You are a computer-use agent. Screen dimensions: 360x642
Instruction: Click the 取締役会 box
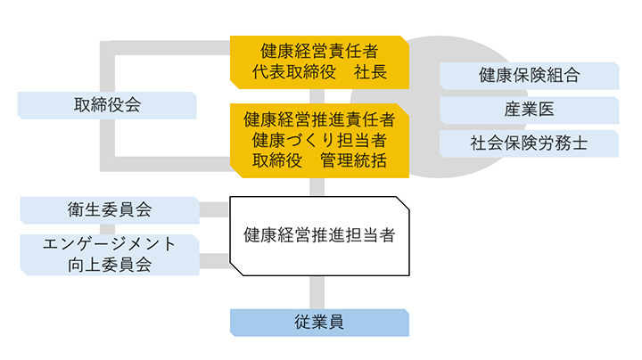[107, 105]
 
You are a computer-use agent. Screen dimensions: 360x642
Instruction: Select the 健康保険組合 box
[529, 76]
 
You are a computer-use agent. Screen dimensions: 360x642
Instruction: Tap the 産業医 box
[529, 110]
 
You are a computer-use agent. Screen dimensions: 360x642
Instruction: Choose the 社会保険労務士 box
[529, 143]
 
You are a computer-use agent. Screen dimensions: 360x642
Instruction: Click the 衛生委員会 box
[109, 209]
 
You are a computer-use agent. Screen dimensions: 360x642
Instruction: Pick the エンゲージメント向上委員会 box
[109, 254]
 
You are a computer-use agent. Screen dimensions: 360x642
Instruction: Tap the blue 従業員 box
[319, 322]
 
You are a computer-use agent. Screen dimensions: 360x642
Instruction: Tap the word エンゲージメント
[109, 244]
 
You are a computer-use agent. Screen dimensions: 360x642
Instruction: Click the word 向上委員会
[109, 264]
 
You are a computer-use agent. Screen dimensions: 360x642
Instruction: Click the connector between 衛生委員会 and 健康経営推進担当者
[214, 210]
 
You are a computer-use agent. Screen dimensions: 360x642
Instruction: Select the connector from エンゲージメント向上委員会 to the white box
[214, 261]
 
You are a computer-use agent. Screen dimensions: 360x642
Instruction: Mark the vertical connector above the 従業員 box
[315, 292]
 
